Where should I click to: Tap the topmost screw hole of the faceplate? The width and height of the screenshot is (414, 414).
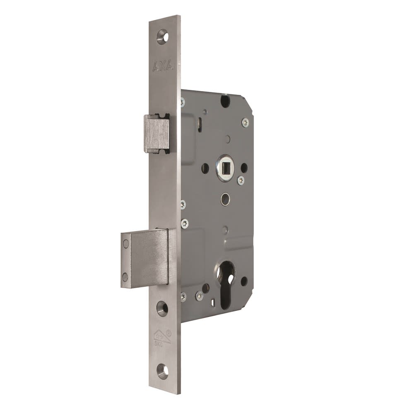[162, 36]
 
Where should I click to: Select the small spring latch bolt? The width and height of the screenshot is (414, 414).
[156, 133]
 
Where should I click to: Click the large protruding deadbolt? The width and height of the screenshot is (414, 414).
[145, 258]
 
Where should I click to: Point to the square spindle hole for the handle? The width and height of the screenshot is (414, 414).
[226, 168]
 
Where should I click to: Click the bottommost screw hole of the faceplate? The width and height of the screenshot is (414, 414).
[163, 371]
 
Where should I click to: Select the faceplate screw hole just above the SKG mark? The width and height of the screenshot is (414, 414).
[162, 308]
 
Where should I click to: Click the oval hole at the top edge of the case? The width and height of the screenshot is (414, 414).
[225, 100]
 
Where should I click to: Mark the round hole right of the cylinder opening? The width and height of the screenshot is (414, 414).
[244, 281]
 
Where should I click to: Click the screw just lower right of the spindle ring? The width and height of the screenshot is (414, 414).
[241, 181]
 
